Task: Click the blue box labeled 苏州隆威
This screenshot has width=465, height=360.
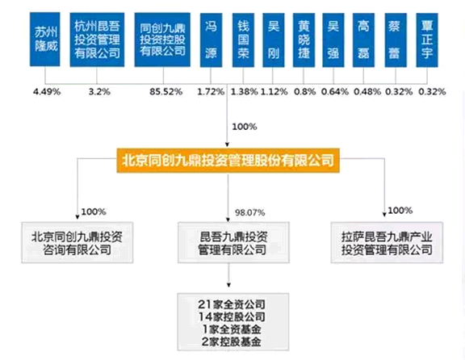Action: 44,39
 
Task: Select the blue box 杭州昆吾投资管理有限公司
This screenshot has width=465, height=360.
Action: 97,40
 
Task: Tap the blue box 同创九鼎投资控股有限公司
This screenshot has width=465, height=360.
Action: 162,40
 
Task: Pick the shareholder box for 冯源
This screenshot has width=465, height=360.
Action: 211,40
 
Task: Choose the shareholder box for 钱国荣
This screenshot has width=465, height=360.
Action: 243,40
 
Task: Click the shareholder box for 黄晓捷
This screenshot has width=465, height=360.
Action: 304,40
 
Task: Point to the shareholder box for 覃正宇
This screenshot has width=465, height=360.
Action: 427,40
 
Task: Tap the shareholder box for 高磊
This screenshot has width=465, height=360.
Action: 363,40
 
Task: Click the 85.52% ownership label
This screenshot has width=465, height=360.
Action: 165,92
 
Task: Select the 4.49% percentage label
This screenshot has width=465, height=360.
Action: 47,92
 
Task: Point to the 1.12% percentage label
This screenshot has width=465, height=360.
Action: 274,92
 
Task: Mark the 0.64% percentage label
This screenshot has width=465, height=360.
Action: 335,92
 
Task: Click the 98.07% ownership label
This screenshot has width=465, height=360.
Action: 250,212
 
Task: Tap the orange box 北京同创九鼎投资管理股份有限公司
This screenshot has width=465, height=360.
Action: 228,161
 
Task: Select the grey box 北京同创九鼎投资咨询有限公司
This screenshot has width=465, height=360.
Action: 77,243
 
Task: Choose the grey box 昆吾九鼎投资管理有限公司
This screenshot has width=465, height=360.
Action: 233,243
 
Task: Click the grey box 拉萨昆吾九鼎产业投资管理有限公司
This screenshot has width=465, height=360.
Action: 387,243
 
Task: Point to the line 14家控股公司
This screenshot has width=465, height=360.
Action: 232,316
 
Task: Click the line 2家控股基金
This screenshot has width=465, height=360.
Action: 232,341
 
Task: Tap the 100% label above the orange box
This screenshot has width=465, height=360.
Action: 245,127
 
